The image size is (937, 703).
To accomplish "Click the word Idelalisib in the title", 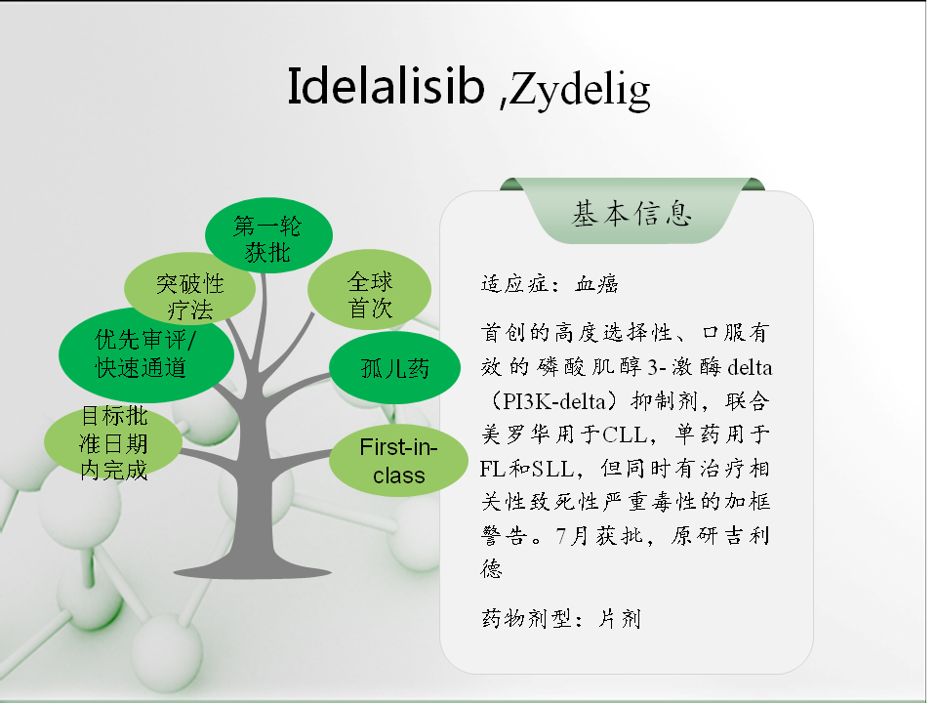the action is [387, 87].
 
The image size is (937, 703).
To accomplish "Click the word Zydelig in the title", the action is [580, 91].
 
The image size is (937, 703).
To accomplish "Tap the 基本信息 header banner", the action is [631, 211].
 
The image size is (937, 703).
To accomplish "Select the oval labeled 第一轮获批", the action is [268, 235].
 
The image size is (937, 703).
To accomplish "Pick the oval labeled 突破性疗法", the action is [190, 290].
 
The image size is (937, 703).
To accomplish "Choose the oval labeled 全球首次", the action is [369, 290].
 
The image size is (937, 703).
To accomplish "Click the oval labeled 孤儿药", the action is [395, 368].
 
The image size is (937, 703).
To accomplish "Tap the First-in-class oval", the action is [398, 461].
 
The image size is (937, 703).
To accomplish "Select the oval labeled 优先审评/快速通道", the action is [146, 354].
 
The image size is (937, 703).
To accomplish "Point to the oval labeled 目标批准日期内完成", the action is [113, 442].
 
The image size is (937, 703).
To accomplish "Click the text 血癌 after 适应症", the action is [596, 284].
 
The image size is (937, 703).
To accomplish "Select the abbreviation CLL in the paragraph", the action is [625, 434].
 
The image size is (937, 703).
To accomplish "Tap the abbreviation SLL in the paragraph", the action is [552, 469].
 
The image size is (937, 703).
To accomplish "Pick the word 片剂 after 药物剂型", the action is [620, 619].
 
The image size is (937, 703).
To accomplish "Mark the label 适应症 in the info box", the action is [514, 284].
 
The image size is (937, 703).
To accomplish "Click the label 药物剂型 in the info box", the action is [526, 619].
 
